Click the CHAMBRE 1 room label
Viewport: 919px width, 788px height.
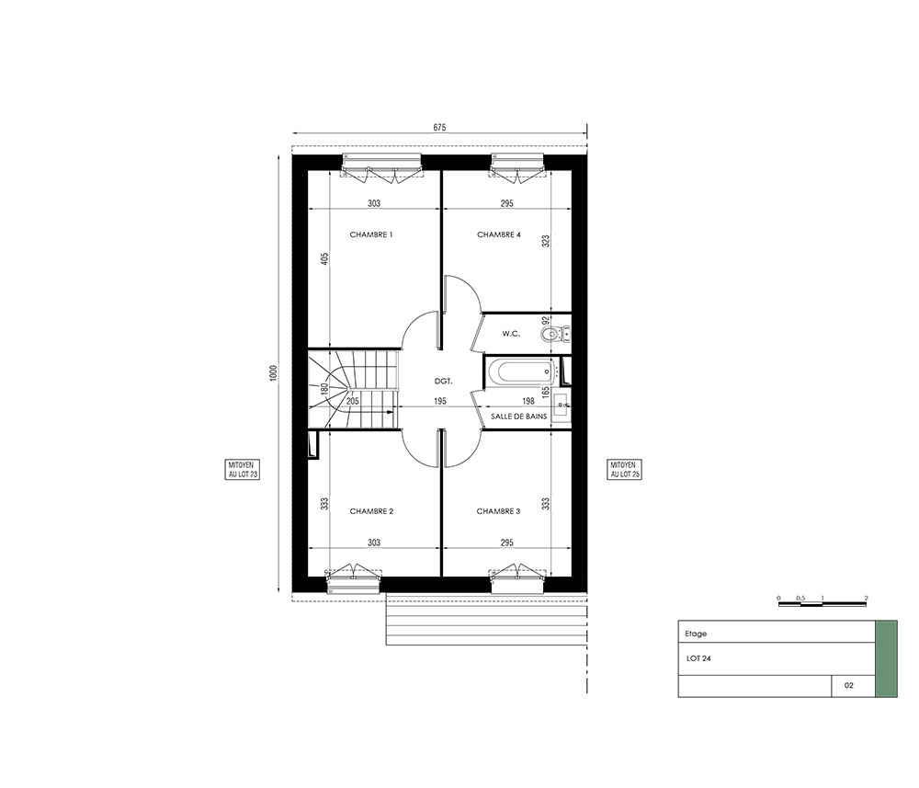371,234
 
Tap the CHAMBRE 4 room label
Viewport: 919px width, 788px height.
499,234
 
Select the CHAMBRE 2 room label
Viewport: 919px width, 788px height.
371,511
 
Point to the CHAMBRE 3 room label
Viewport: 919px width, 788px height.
498,511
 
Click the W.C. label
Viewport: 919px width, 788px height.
511,334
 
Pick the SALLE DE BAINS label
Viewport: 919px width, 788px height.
518,417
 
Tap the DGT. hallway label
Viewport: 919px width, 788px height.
444,381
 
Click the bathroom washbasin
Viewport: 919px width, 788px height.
561,405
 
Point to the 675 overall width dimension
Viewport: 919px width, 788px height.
439,127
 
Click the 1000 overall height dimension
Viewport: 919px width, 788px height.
273,373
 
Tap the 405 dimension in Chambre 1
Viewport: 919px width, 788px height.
324,258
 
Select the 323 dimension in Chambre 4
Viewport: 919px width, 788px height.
546,241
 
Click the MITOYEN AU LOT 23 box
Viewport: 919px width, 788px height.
243,470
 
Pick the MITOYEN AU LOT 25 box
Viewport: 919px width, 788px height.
625,470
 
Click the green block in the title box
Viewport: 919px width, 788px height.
886,659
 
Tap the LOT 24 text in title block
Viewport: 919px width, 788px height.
698,658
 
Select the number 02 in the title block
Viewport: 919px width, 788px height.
848,685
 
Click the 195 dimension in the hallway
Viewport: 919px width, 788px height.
439,402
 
